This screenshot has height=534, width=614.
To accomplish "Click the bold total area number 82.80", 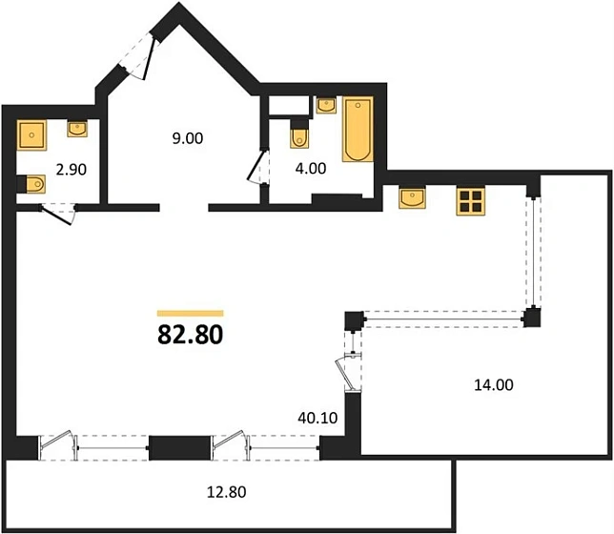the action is click(x=191, y=335).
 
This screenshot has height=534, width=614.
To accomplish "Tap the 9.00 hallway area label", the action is click(x=188, y=138).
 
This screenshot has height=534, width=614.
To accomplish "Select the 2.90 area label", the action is click(x=71, y=170).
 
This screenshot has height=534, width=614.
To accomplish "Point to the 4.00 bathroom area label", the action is click(x=311, y=168).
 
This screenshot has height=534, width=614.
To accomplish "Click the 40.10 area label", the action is click(x=317, y=418).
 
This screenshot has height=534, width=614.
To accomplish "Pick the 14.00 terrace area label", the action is click(x=494, y=385).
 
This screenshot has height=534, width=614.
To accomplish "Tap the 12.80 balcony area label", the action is click(x=226, y=492).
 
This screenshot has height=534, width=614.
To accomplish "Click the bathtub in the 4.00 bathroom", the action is click(x=358, y=129).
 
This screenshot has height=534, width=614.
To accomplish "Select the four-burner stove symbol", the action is click(x=471, y=201).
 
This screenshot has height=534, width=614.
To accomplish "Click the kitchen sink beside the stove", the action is click(x=412, y=197).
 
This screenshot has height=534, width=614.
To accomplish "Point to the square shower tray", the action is click(x=31, y=135).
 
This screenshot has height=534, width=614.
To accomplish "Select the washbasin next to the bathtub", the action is click(x=326, y=106).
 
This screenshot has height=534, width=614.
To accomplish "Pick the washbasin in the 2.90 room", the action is click(x=77, y=129).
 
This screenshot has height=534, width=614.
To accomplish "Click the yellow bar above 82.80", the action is click(x=191, y=313).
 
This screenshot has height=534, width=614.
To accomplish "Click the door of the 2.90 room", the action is click(x=57, y=214).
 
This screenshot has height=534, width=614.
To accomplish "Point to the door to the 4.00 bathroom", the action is click(x=258, y=167).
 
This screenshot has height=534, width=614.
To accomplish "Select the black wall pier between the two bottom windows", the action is click(x=180, y=448).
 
